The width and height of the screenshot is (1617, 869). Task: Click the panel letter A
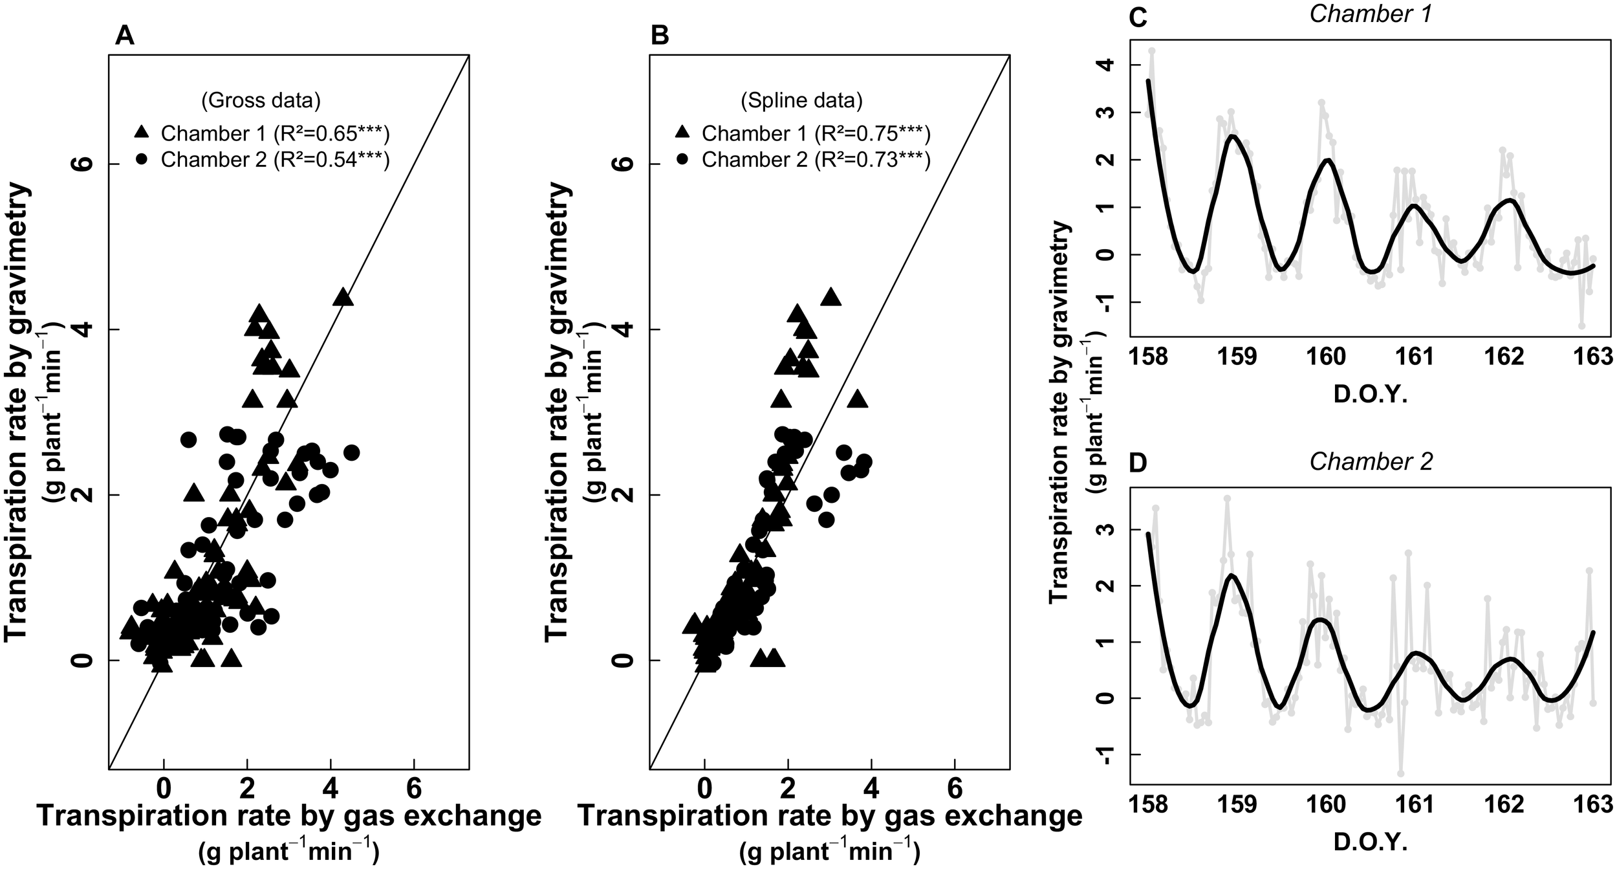124,36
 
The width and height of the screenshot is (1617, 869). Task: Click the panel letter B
660,36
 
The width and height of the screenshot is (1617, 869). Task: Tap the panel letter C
1137,18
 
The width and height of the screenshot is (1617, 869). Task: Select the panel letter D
1137,463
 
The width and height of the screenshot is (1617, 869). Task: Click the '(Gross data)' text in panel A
261,100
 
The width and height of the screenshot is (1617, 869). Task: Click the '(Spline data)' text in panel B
801,100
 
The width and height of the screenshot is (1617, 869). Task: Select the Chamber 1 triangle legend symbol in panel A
142,133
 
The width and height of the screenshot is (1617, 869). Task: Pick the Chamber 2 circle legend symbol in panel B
682,159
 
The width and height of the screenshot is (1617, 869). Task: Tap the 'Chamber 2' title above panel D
1369,461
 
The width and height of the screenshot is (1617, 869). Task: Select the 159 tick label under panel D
1237,804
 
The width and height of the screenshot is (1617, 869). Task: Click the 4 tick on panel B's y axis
625,329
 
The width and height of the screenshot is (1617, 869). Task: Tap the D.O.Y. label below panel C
1370,394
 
